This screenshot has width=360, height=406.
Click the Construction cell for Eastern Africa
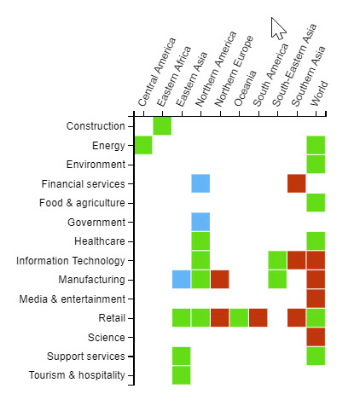coord(162,126)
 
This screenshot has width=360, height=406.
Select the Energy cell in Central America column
coord(143,145)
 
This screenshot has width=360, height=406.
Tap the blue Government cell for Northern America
coord(200,222)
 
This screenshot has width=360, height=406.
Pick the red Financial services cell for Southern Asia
coord(297,183)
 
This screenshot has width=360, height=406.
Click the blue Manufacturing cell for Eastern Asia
coord(182,280)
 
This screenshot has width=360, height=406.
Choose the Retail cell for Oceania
coord(239,318)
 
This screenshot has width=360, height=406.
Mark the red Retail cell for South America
coord(258,318)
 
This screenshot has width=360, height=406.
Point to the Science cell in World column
coord(316,337)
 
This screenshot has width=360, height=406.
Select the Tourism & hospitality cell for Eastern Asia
coord(182,375)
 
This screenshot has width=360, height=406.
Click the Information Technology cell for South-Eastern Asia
coord(277,260)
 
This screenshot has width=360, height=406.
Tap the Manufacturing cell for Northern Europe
coord(220,280)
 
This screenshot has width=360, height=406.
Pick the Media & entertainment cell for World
coord(316,299)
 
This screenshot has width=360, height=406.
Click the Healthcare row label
coord(100,241)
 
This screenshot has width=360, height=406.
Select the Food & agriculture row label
coord(82,203)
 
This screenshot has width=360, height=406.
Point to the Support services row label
coord(86,357)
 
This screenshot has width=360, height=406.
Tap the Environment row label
coord(96,165)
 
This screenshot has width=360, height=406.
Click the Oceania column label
coord(245,89)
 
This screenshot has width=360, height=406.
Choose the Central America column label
coord(157,72)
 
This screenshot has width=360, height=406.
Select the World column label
coord(319,94)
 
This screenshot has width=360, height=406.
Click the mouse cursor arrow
coord(277,28)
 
